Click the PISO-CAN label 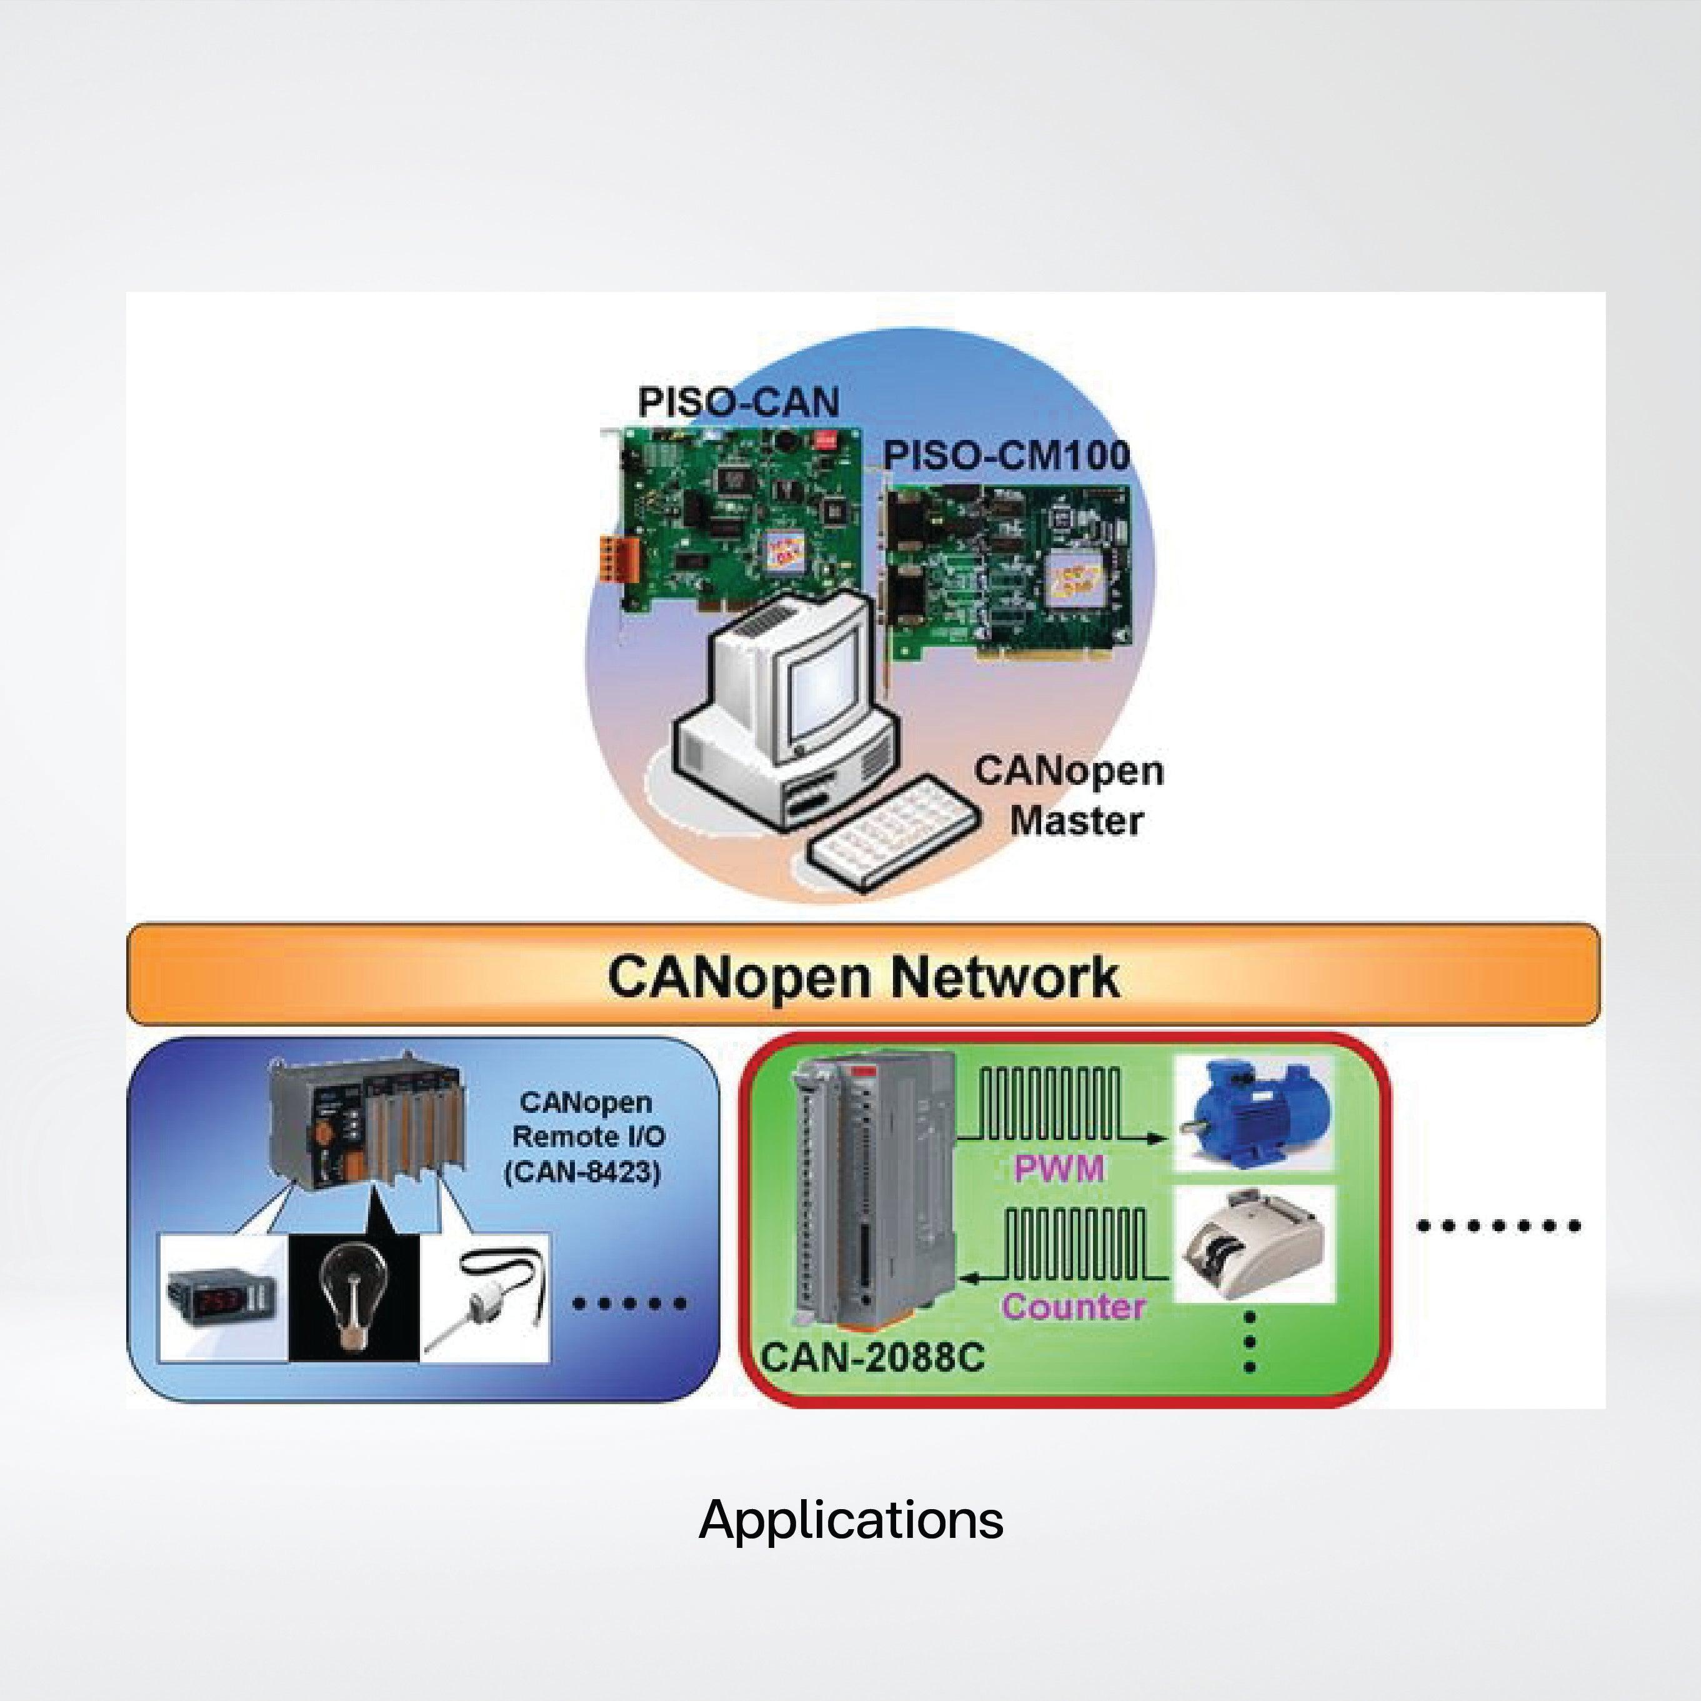(x=738, y=402)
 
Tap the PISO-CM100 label (x=1005, y=456)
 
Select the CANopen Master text (x=1069, y=796)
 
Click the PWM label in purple (x=1059, y=1169)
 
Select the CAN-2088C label (x=872, y=1357)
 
